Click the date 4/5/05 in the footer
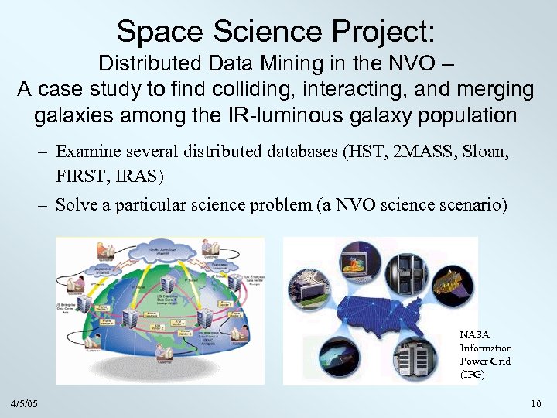pyautogui.click(x=25, y=404)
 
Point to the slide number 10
pyautogui.click(x=535, y=404)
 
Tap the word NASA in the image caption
pyautogui.click(x=473, y=334)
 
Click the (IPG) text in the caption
pyautogui.click(x=472, y=374)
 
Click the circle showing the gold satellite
pyautogui.click(x=452, y=291)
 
